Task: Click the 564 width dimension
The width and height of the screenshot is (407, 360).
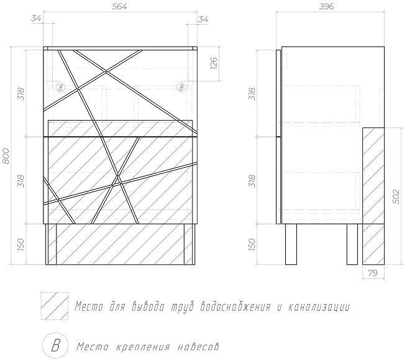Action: [121, 7]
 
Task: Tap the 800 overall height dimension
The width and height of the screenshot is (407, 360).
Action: [7, 155]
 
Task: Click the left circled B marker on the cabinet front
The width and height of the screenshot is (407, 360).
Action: [60, 87]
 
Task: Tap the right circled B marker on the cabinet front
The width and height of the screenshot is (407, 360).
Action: [181, 87]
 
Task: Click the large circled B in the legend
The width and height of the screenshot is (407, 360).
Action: [54, 344]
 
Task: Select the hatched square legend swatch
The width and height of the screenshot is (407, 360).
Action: [54, 306]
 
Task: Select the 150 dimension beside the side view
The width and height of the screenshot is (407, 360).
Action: [252, 244]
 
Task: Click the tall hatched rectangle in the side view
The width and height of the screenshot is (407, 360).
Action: [373, 195]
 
